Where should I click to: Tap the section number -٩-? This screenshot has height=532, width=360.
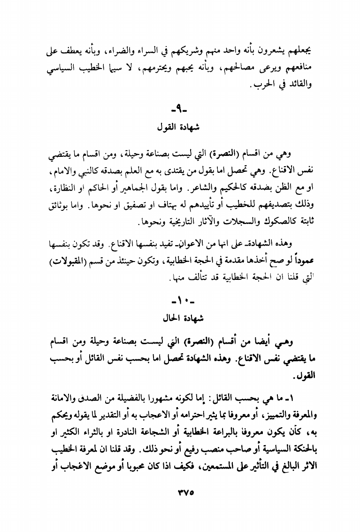pyautogui.click(x=180, y=111)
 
